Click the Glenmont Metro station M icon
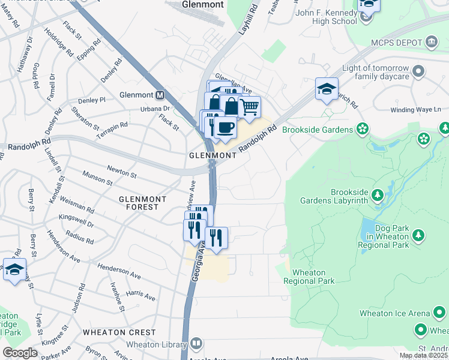click(x=160, y=95)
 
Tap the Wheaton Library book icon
click(x=196, y=344)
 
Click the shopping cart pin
click(x=250, y=108)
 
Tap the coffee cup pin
click(x=225, y=128)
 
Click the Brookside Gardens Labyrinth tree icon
click(x=378, y=196)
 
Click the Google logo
click(x=20, y=353)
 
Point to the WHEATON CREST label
click(x=119, y=332)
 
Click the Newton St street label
click(x=122, y=172)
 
